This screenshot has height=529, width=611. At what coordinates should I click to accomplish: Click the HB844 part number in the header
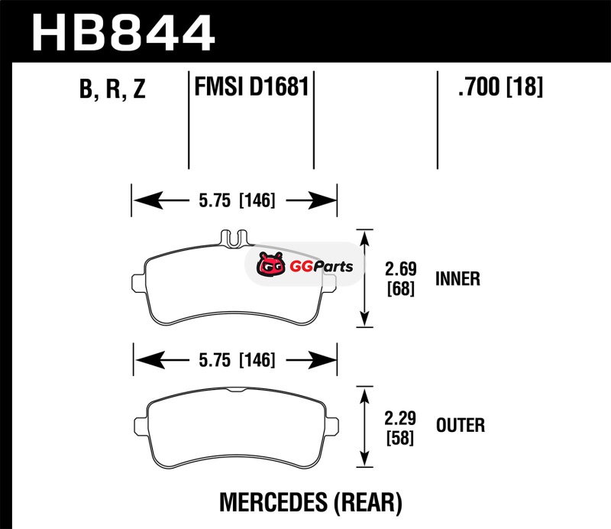tap(122, 31)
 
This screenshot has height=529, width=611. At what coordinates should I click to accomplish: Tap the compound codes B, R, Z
tap(112, 90)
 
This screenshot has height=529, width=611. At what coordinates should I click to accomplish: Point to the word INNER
tap(457, 278)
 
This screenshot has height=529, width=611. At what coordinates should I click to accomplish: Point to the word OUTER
tap(460, 424)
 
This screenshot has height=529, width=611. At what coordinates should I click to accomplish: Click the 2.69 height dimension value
tap(402, 270)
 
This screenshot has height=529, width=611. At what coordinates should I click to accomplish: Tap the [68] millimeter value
tap(402, 290)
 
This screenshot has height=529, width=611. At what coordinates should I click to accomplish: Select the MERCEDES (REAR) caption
tap(311, 501)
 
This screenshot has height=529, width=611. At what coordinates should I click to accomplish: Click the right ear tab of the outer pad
tap(332, 424)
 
